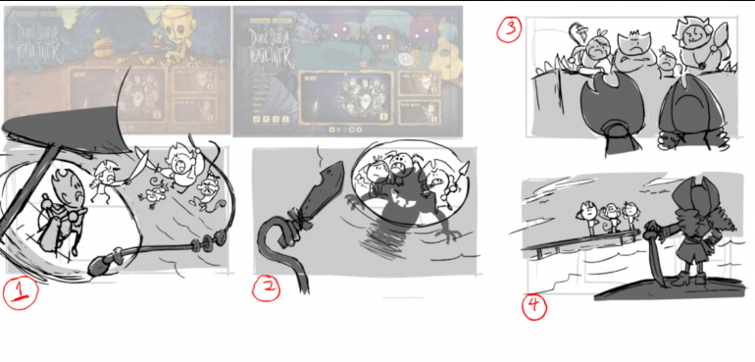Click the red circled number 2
click(x=268, y=286)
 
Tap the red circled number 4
click(x=532, y=306)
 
